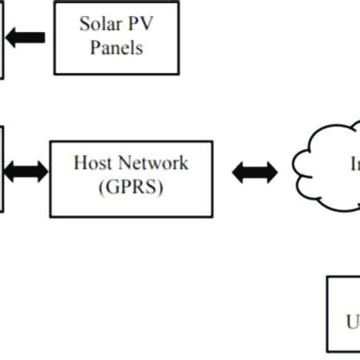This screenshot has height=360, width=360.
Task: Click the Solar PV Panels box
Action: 116,37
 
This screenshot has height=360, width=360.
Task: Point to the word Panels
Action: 116,47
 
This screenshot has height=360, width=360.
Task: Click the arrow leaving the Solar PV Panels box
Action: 26,37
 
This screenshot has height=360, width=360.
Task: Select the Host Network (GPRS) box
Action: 131,178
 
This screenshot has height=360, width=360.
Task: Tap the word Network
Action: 151,164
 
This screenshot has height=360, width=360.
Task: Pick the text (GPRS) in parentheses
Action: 131,189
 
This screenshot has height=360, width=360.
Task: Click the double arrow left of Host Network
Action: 26,170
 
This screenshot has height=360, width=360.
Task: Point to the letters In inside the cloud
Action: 353,164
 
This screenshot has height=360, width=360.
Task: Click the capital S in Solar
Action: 84,23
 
